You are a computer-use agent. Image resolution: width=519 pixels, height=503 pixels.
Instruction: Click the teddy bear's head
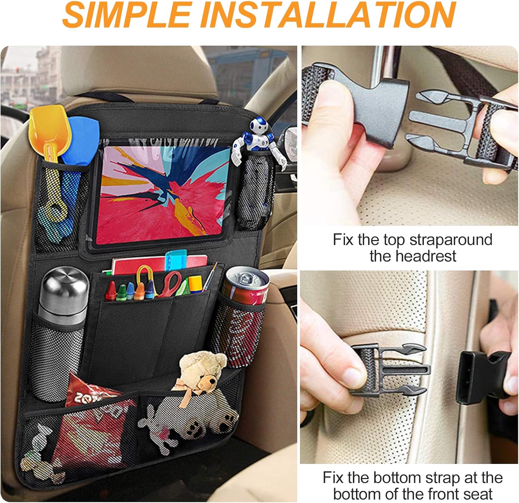[x=203, y=366]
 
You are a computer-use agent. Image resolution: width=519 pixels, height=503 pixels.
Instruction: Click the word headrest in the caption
[x=413, y=256]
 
